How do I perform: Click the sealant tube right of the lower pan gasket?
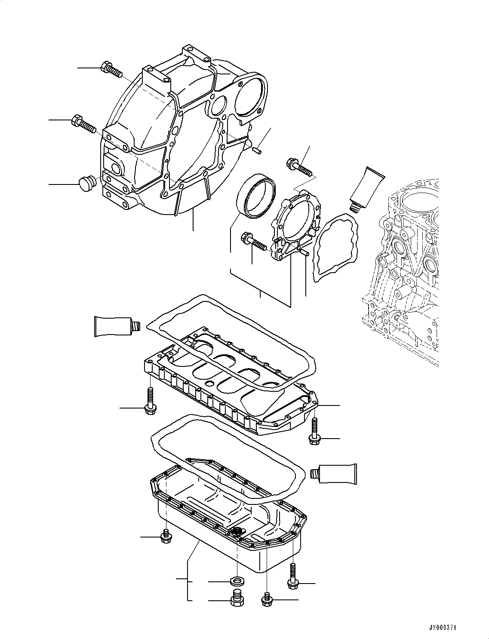335,474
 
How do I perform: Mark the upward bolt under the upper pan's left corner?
150,401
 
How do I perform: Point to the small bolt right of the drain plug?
267,599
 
